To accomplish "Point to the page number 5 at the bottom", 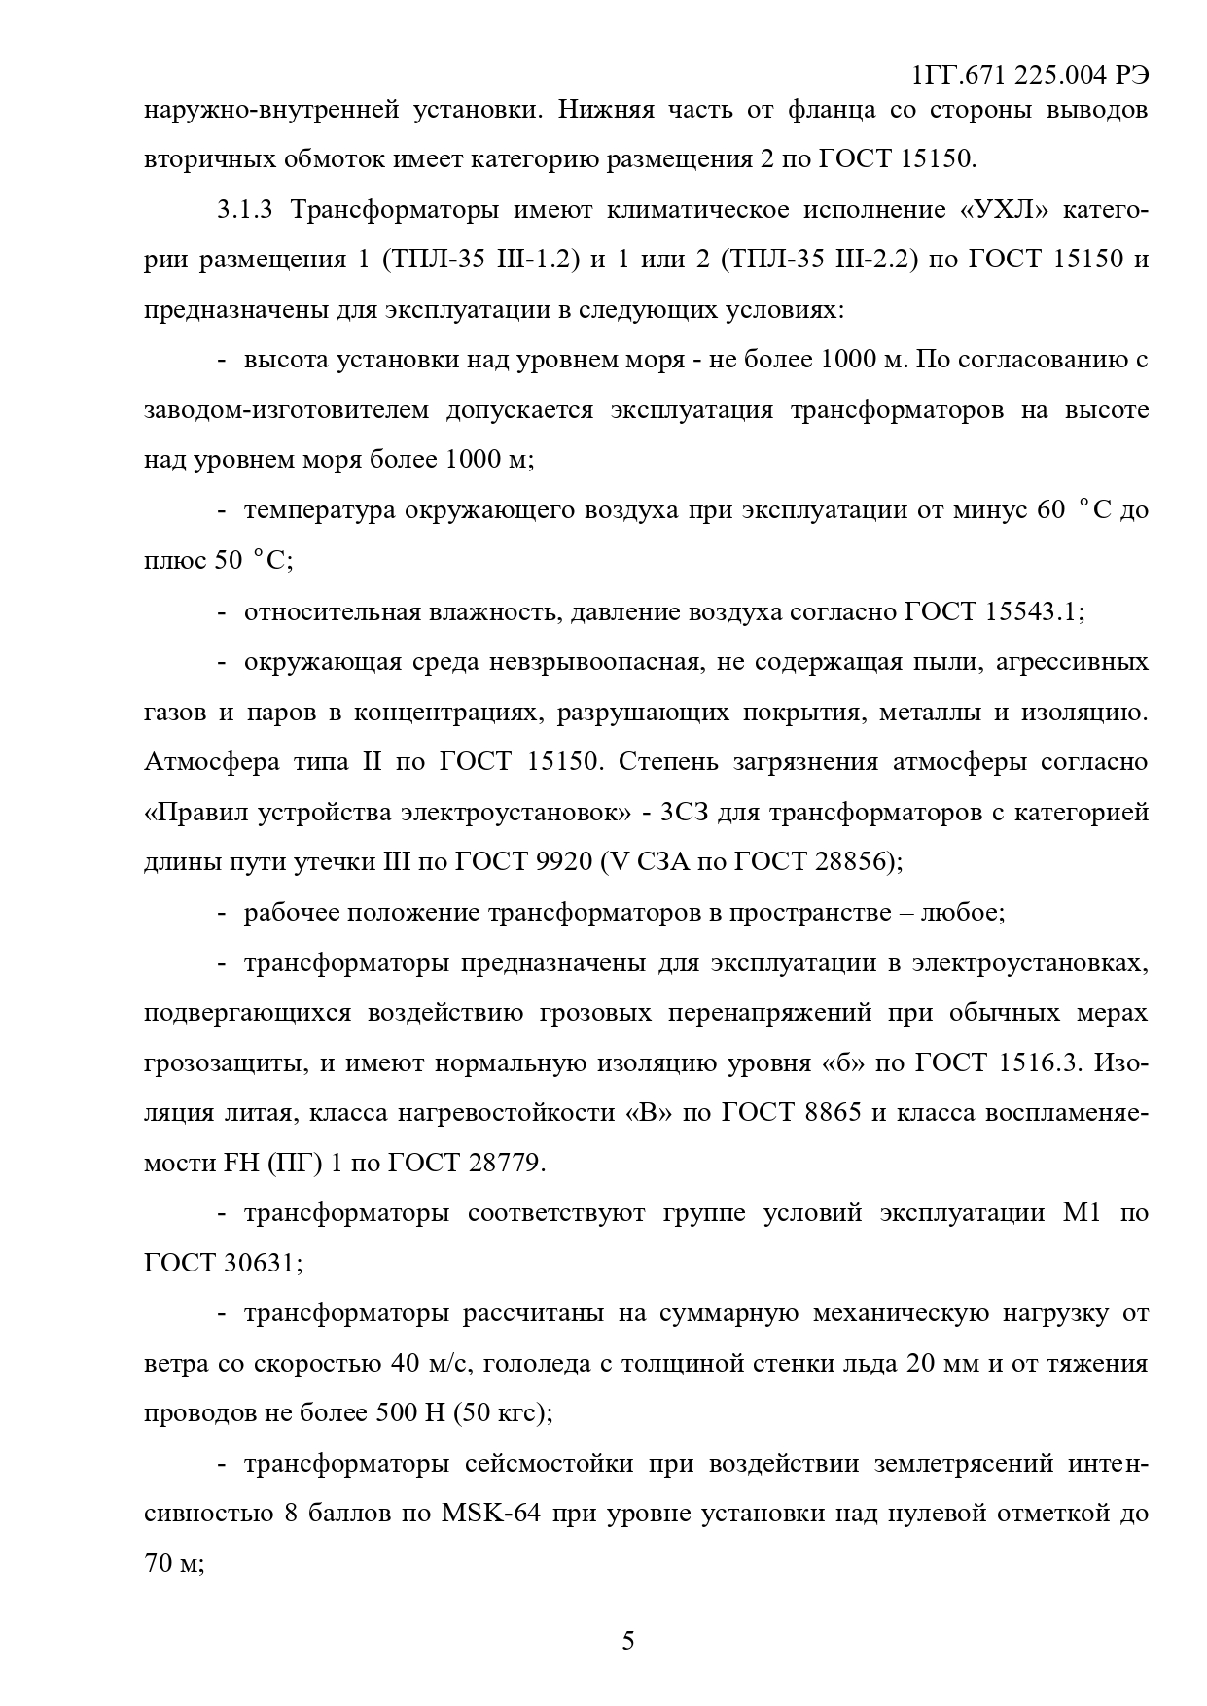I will (x=627, y=1641).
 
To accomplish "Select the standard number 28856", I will (x=848, y=861).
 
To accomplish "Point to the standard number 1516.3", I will (x=1040, y=1062).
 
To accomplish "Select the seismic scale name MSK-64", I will (x=490, y=1513).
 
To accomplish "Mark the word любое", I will (x=962, y=913).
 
